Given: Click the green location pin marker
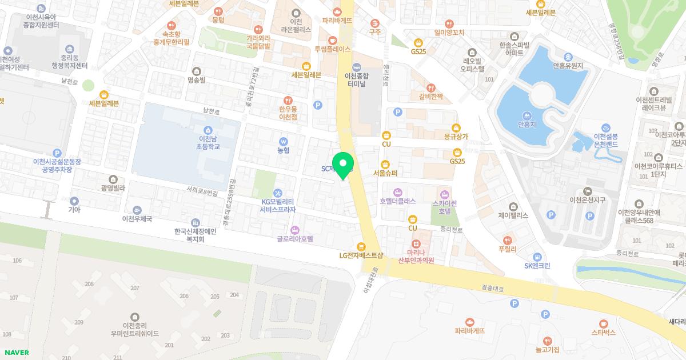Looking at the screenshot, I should tap(343, 164).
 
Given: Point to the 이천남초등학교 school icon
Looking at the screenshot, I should tap(208, 129).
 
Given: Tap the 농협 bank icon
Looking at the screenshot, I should tap(283, 141).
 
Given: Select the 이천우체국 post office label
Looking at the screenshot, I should tap(137, 219).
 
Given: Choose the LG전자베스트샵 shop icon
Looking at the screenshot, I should tap(361, 246).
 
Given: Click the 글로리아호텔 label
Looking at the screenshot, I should tap(295, 239).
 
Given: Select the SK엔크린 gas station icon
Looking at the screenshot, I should tap(537, 257).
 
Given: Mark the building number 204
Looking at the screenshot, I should tap(234, 295).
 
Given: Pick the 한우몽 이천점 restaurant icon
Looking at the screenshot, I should tap(288, 99).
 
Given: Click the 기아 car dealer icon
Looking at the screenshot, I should tap(74, 201).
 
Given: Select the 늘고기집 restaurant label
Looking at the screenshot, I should tap(547, 349).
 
